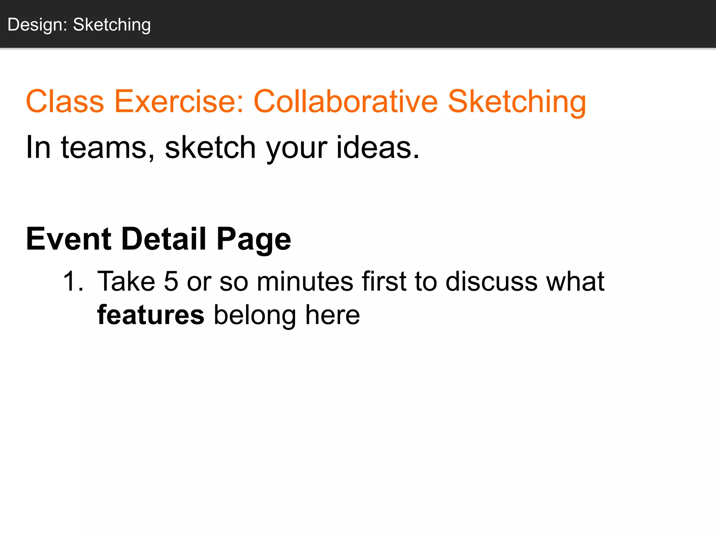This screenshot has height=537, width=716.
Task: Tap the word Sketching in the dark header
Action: pyautogui.click(x=112, y=25)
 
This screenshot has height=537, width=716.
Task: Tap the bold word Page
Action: pyautogui.click(x=254, y=239)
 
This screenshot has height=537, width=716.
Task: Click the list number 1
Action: pyautogui.click(x=72, y=281)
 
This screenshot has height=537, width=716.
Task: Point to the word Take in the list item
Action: pyautogui.click(x=126, y=281)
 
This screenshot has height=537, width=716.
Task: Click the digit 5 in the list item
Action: pyautogui.click(x=171, y=281)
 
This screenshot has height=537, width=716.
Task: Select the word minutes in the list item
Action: pyautogui.click(x=305, y=281)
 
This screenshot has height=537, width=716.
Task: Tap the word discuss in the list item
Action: pyautogui.click(x=491, y=281)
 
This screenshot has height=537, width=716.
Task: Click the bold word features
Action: pyautogui.click(x=151, y=315)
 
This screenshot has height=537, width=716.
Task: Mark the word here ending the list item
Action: pyautogui.click(x=332, y=315)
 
